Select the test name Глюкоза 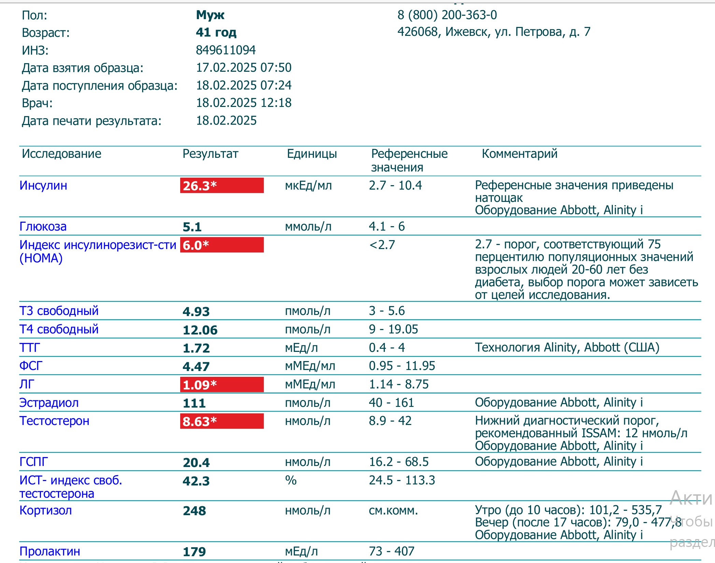tap(43, 226)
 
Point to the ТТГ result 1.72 tap(196, 348)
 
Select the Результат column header tap(210, 154)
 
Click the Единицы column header tap(312, 154)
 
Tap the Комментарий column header tap(519, 154)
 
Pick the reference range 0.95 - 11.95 tap(402, 366)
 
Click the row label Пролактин tap(50, 551)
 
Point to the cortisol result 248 tap(195, 511)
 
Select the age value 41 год tap(216, 32)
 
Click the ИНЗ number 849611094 tap(226, 50)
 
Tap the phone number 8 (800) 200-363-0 tap(447, 15)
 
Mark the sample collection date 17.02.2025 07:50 tap(244, 68)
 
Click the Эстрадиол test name tap(49, 403)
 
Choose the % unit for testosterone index tap(291, 480)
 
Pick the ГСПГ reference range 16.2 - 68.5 tap(399, 462)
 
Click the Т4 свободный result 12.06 tap(200, 330)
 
